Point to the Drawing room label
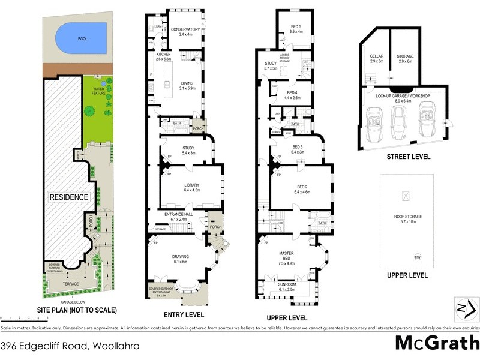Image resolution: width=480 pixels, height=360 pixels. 181,258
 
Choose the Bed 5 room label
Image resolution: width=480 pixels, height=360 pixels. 296,28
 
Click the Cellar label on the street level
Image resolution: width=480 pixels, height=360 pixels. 377,58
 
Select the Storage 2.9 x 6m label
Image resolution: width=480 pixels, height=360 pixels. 405,58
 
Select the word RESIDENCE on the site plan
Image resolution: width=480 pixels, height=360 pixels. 69,197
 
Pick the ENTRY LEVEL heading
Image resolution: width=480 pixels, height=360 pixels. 184,314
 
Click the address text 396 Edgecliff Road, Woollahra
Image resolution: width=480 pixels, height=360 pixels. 70,346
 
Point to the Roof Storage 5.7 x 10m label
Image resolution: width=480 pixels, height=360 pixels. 407,218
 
